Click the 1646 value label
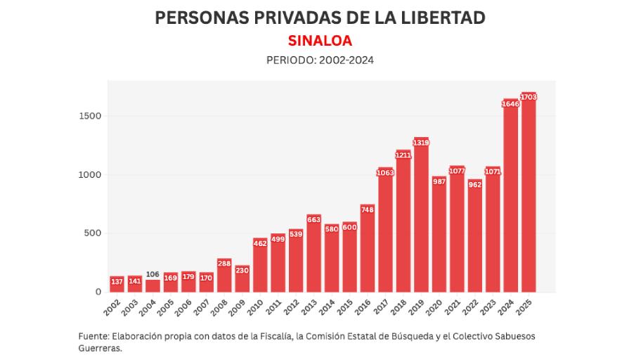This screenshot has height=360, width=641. pos(510,104)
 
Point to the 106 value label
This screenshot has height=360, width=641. pos(153,274)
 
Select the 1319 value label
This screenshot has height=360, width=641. pos(421,143)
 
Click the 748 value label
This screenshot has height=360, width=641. pos(368,209)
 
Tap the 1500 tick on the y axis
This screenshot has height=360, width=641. pos(89,116)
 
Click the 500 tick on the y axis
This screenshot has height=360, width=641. pos(93,233)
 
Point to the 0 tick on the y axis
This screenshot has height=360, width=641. pos(98,292)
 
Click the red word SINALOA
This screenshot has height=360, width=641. pos(320,40)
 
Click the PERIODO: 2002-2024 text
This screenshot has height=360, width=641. pos(320,60)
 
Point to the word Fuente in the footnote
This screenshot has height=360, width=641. pos(93,335)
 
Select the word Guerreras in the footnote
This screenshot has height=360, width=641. pos(101,348)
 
